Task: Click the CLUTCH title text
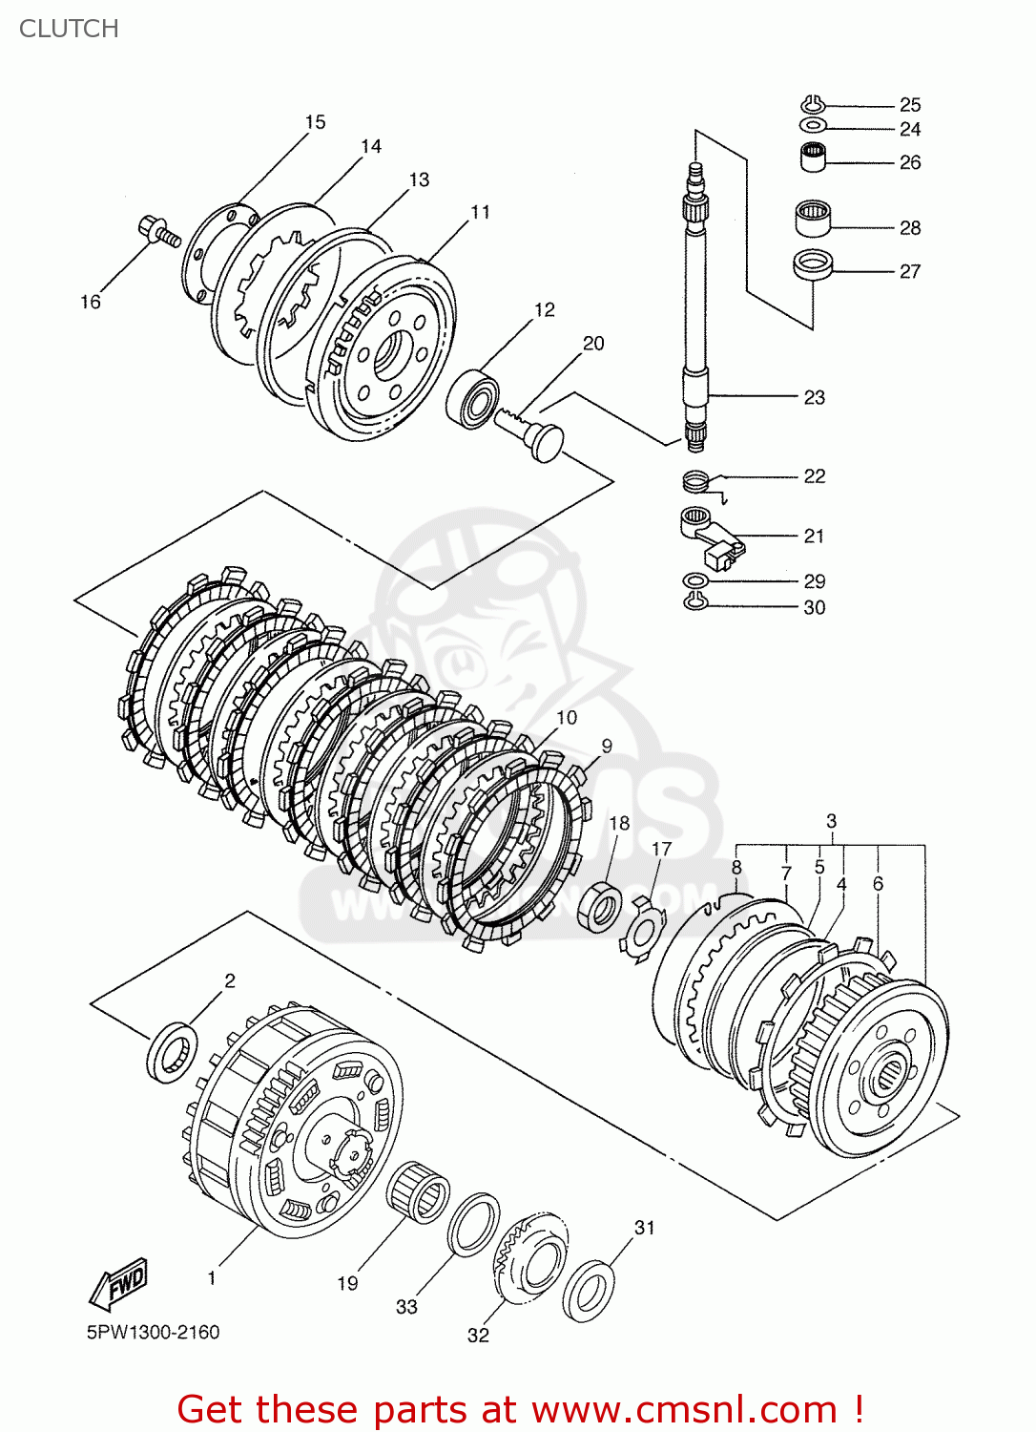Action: (69, 29)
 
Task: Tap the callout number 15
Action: (315, 122)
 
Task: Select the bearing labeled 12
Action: (473, 399)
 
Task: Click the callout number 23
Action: (814, 397)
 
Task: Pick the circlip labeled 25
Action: (812, 103)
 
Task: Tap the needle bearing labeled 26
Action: (813, 156)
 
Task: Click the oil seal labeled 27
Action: (813, 264)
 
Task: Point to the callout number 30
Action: (814, 607)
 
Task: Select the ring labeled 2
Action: (172, 1051)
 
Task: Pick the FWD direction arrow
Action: (119, 1283)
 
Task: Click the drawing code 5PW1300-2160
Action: (153, 1332)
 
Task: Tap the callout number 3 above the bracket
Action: (831, 821)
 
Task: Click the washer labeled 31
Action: (588, 1291)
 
